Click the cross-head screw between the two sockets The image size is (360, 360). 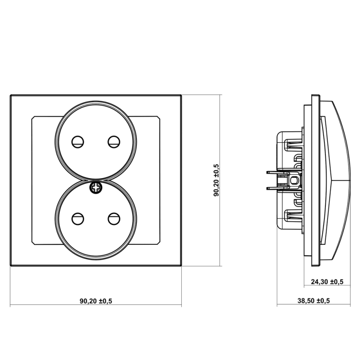click(96, 188)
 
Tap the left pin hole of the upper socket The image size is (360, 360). click(77, 142)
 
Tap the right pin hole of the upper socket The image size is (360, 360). click(114, 142)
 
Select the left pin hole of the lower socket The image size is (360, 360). click(77, 219)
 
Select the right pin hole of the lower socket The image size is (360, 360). click(114, 219)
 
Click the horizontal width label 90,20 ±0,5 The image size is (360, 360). click(96, 301)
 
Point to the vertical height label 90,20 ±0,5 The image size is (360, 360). click(216, 180)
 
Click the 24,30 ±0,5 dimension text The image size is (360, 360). click(327, 282)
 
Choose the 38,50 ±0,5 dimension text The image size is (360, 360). click(314, 301)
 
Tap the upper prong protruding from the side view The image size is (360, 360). click(273, 172)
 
